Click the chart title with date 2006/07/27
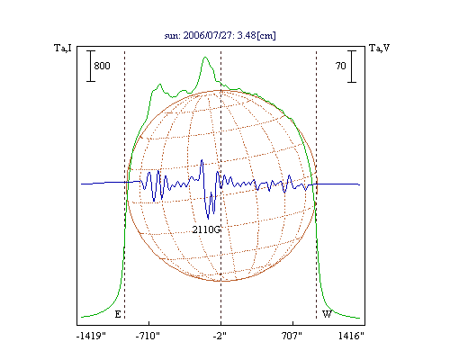220,35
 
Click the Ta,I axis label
63,48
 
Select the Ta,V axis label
379,48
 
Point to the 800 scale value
102,66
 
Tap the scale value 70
341,66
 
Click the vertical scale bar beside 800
91,66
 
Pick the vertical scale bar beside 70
352,67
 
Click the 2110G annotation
207,229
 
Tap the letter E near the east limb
118,314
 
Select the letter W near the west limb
327,314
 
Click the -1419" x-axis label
92,336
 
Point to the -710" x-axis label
148,336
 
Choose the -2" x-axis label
220,336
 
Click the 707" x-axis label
292,336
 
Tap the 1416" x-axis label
351,336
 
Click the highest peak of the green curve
205,57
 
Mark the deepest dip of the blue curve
208,219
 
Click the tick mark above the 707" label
292,323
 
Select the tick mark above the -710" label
149,323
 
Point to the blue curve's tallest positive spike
202,160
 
